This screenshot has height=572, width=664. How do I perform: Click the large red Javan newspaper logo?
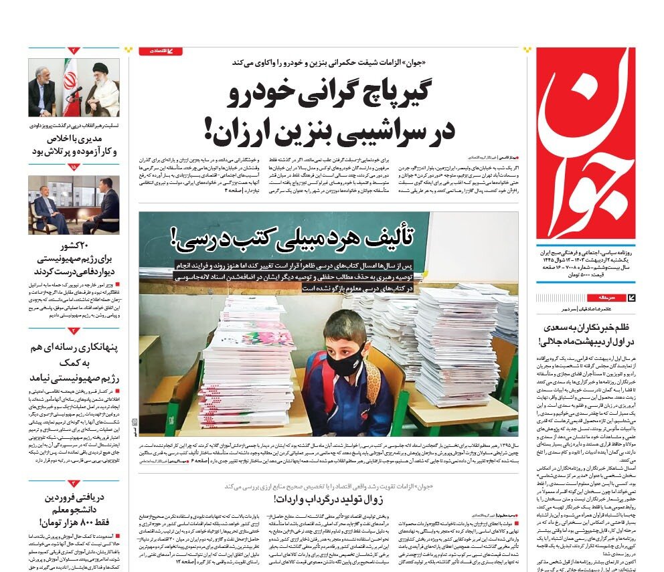click(586, 143)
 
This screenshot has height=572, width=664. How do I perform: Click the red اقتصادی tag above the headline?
click(160, 51)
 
